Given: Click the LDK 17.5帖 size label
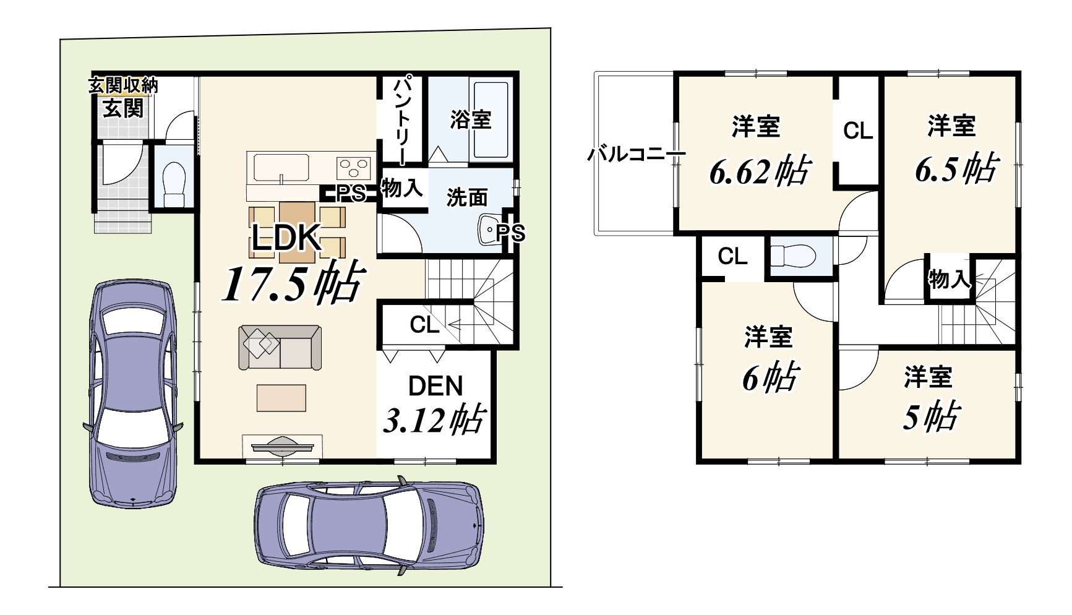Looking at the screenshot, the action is [x=291, y=283].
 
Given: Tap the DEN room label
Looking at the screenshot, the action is [x=435, y=386].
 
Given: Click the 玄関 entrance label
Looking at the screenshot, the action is [x=122, y=108].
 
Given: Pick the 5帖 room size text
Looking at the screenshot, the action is [x=930, y=416].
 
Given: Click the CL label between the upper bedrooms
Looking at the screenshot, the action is [x=858, y=131].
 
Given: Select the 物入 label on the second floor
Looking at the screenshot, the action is [x=948, y=280].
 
